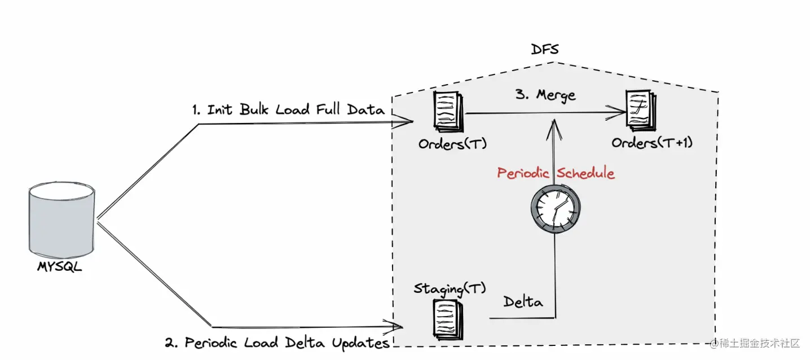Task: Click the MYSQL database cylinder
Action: [x=61, y=221]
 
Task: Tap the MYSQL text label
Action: [x=60, y=267]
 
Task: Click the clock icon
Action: [x=556, y=209]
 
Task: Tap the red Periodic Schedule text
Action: [x=556, y=173]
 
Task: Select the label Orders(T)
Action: [x=452, y=144]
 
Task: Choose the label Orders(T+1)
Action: [x=652, y=143]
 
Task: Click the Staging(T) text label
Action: [x=449, y=289]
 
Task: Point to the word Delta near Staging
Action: [x=523, y=302]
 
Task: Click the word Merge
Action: [x=555, y=94]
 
